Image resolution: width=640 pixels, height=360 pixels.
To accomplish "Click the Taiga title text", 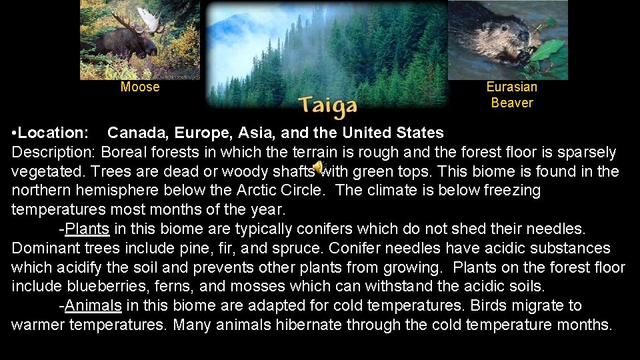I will pos(327,105).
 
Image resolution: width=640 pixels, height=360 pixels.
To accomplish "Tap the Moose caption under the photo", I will pos(140,87).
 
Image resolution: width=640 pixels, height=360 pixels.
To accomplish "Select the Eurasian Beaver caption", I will pos(512,95).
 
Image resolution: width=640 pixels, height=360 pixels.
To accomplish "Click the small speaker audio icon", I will pos(318,167).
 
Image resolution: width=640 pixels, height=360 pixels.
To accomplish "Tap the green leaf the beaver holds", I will pos(547,49).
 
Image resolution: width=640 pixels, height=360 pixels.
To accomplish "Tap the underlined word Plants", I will pos(87,229).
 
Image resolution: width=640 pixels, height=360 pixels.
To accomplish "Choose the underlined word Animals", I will pos(93,306).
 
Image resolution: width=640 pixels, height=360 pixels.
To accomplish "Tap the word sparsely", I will pos(589,152).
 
